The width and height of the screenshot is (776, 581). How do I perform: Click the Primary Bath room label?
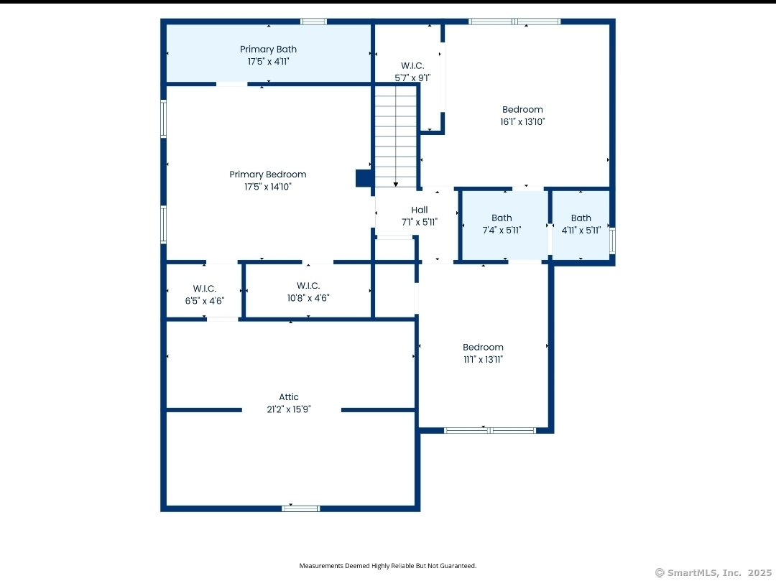pos(268,50)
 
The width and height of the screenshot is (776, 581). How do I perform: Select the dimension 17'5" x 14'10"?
pos(268,187)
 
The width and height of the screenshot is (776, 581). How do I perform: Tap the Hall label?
pos(420,210)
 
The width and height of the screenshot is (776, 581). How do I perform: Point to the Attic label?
pos(289,397)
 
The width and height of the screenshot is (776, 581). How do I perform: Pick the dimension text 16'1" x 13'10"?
pos(522,122)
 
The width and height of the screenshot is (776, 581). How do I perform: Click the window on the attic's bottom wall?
pos(300,508)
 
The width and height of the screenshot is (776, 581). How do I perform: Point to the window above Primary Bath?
pos(313,22)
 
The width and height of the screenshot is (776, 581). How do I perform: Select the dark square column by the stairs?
pos(364,178)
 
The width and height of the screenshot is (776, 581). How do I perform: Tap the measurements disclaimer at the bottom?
pos(388,566)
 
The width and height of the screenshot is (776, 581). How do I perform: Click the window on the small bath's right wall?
pos(612,241)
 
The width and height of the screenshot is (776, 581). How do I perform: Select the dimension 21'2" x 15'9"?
pos(289,409)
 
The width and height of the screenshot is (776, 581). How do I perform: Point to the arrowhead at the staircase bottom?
pos(395,185)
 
